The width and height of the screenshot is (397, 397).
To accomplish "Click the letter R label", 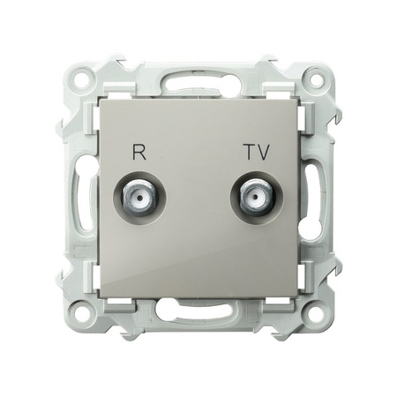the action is [139, 152].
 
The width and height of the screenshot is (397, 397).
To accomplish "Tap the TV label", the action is [258, 152].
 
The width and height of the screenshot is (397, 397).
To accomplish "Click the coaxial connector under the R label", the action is [139, 197].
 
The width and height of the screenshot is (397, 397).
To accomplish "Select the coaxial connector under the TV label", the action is [257, 197].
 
